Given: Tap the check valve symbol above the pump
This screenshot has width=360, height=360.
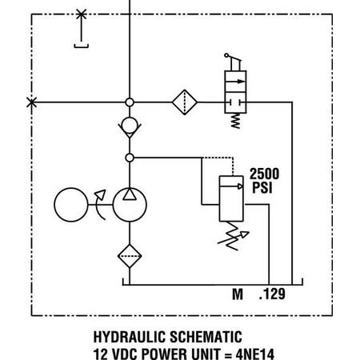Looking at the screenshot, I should (x=129, y=126).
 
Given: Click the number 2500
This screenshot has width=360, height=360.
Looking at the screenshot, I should (x=264, y=173).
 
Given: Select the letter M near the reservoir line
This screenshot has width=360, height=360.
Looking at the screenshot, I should (x=238, y=294).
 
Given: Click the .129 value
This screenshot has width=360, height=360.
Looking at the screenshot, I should (x=274, y=294).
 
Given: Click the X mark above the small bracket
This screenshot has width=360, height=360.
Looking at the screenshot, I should (x=80, y=14).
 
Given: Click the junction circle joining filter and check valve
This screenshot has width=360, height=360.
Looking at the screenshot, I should (x=129, y=102).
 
